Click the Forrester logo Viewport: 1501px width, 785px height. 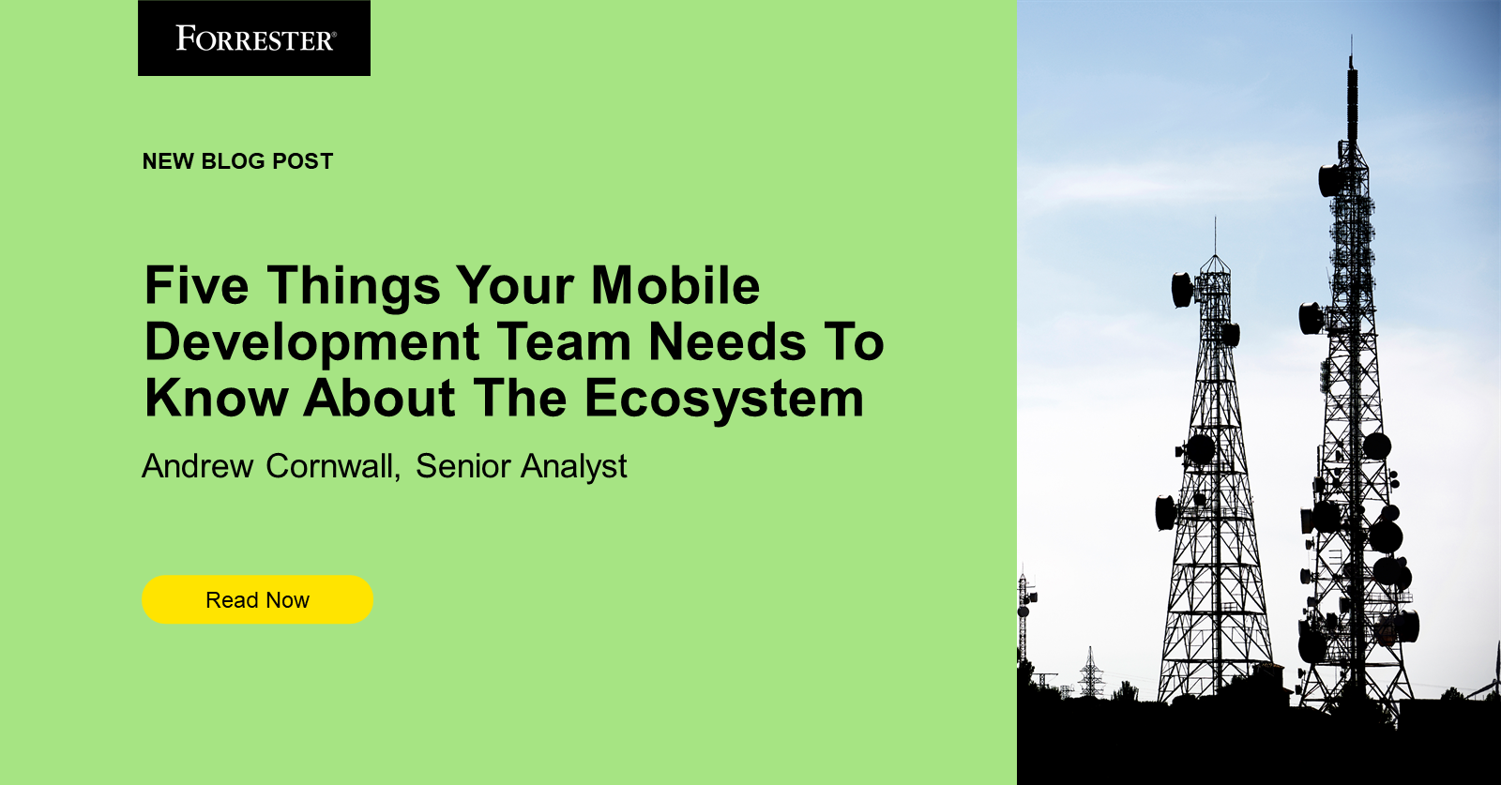(x=254, y=38)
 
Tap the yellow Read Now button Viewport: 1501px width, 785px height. (x=257, y=600)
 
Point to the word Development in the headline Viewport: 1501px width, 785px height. (x=312, y=342)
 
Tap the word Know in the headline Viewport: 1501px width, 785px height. (x=217, y=399)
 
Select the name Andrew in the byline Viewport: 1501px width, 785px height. (x=198, y=466)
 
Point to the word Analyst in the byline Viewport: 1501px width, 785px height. (x=574, y=466)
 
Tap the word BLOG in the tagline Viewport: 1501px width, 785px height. (x=233, y=161)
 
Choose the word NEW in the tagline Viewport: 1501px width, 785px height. (x=168, y=161)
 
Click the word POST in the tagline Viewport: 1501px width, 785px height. (x=302, y=161)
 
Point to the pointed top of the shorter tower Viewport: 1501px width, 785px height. (x=1215, y=221)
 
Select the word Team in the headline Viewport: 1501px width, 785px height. (x=564, y=342)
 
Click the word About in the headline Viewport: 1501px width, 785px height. (x=381, y=399)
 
